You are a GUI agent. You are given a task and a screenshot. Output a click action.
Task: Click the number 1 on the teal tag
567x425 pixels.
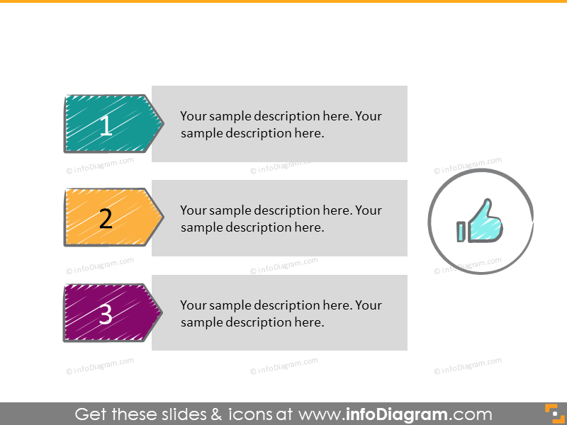[106, 125]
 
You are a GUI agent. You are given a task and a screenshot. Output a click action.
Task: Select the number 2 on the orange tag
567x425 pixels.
[106, 219]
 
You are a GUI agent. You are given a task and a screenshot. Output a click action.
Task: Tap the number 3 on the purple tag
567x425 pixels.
[105, 314]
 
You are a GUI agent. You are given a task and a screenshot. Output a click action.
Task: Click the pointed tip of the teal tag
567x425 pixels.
[164, 123]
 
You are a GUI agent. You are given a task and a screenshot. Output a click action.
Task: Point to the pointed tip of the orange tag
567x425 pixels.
[164, 217]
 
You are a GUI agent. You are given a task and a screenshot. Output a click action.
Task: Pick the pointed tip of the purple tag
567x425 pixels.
[162, 312]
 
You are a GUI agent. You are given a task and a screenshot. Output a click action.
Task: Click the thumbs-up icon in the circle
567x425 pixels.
[481, 221]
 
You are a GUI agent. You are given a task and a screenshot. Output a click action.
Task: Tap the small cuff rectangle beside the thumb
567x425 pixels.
[461, 232]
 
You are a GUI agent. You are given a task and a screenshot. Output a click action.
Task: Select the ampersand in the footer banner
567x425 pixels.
[216, 414]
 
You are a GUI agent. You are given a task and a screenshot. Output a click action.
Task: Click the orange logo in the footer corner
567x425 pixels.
[555, 414]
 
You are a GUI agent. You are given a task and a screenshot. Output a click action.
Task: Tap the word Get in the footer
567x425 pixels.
[91, 414]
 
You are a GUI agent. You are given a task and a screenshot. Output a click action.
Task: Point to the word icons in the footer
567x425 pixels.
[250, 414]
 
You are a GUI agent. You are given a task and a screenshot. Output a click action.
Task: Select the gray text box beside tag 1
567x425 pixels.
[279, 124]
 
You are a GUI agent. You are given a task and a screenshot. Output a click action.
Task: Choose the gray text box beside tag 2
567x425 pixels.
[279, 218]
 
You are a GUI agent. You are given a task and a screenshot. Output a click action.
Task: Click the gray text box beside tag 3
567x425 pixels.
[279, 312]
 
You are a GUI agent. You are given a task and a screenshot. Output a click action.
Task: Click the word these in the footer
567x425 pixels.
[135, 414]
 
